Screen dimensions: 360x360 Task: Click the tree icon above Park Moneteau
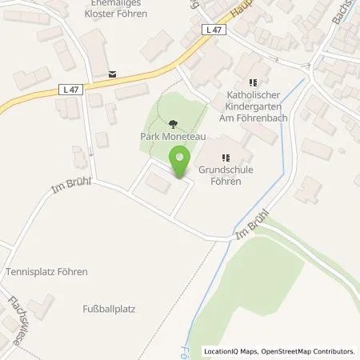pos(174,123)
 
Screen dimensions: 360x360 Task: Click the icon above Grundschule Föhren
pos(225,158)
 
